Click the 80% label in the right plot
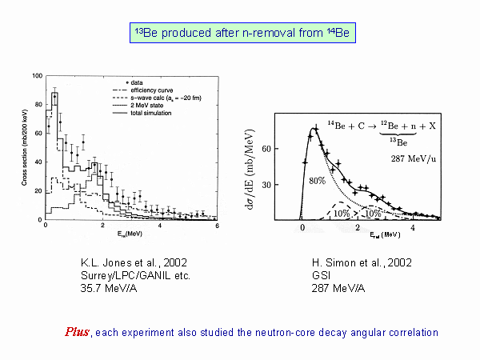point(318,182)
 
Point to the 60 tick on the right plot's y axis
point(290,149)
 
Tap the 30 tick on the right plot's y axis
point(290,184)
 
